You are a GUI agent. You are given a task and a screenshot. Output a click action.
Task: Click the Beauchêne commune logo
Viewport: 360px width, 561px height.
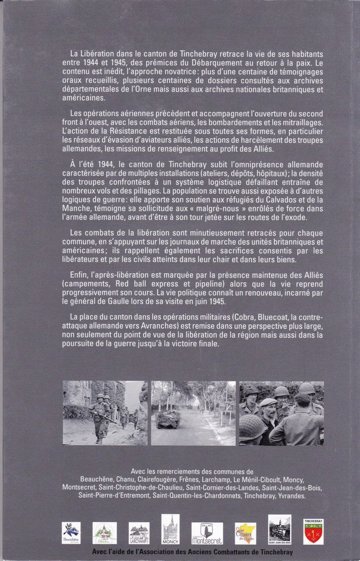point(71,532)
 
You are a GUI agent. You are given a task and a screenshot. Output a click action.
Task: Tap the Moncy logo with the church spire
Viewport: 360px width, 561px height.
point(170,529)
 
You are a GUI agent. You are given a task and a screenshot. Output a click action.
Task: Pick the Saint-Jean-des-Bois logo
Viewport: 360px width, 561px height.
point(280,530)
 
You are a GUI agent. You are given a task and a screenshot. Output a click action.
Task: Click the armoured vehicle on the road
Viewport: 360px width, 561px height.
point(169,418)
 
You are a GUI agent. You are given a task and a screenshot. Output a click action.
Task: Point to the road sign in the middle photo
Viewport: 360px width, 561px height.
point(227,408)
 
